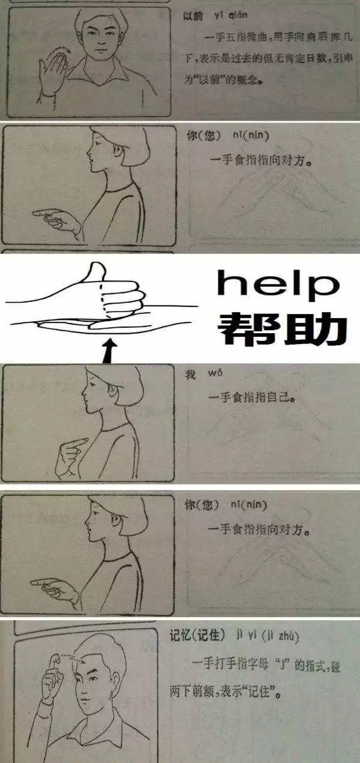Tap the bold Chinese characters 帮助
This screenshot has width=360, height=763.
282,328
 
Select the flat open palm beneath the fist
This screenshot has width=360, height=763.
90,324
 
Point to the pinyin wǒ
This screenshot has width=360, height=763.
215,373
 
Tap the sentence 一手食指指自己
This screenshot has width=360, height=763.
254,397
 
